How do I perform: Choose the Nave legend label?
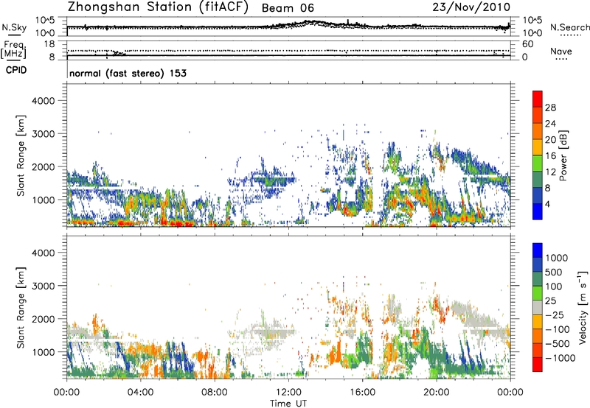click(x=561, y=51)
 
